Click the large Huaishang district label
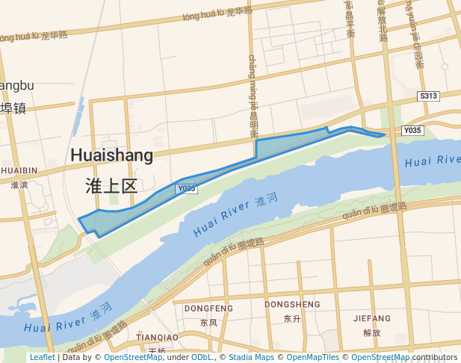click(111, 155)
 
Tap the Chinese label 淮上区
click(111, 186)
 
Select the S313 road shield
click(428, 96)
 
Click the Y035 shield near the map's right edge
click(412, 131)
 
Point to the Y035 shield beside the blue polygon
click(186, 189)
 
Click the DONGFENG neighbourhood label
click(208, 308)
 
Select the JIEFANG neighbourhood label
click(371, 318)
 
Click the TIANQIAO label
click(156, 338)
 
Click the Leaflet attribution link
click(42, 358)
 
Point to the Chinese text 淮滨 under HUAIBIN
click(19, 184)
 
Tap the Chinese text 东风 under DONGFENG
click(208, 323)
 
